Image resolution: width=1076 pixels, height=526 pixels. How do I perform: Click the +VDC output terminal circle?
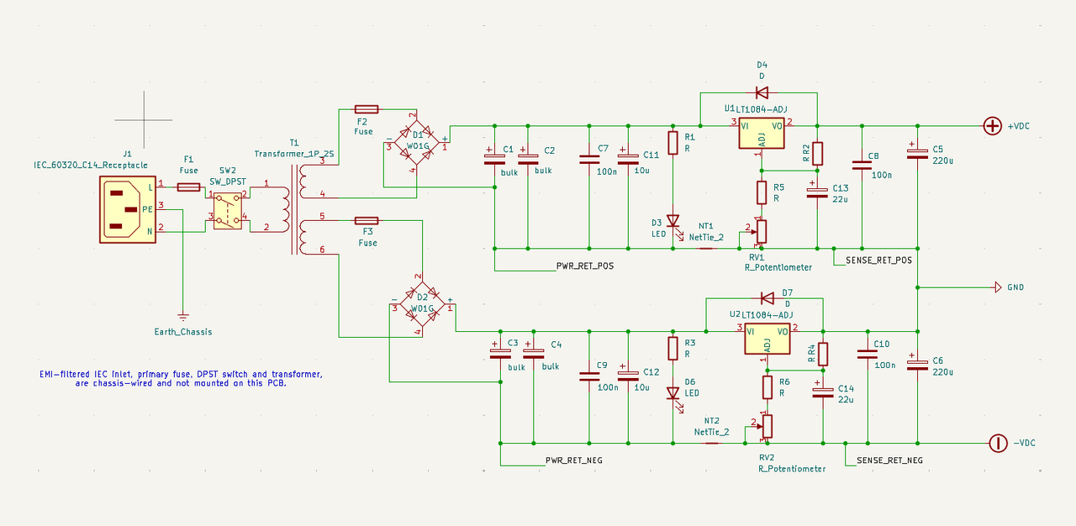993,126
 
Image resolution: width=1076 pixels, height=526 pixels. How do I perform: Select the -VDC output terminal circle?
998,443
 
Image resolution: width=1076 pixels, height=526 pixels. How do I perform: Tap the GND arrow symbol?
998,287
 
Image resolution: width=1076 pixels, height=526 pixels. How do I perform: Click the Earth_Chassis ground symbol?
182,317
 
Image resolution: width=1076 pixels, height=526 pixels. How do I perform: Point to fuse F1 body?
189,187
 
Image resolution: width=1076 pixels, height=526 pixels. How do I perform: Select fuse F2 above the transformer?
366,109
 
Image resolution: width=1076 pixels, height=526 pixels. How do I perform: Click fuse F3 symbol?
366,221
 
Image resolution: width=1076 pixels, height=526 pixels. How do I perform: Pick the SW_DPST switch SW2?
228,211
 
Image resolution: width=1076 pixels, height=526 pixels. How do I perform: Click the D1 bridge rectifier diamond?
416,143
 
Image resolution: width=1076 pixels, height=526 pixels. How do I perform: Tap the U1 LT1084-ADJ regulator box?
762,134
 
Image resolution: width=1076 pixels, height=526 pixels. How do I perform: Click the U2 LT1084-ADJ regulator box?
767,339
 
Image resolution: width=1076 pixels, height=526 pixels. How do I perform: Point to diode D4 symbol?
762,92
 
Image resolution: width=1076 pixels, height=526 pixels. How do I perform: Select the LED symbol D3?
673,222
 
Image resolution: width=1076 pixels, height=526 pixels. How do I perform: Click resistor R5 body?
762,192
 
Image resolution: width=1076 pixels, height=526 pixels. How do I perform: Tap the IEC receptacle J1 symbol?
128,209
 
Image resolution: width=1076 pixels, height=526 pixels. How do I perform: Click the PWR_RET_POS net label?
585,266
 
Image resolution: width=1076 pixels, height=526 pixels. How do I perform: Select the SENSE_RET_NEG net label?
889,460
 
